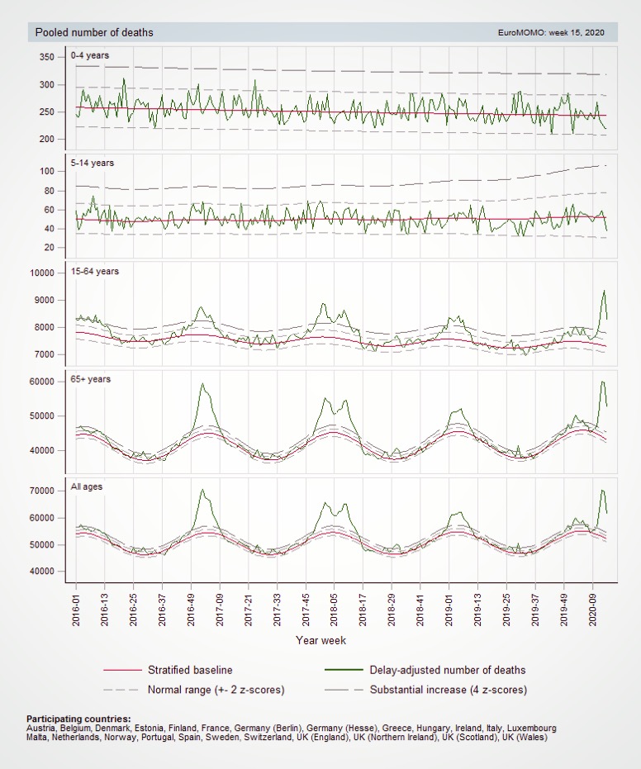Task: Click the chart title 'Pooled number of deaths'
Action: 94,32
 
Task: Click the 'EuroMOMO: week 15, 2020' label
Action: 551,33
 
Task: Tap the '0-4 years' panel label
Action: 90,55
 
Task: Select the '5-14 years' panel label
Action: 93,163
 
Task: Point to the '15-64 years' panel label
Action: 95,271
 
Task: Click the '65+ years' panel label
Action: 91,379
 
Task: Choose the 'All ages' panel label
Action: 87,487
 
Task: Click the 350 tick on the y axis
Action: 46,57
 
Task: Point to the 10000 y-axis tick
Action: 41,273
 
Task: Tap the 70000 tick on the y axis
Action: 41,491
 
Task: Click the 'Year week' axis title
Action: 320,640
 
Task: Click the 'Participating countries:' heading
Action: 78,719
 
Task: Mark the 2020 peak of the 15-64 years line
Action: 604,291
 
